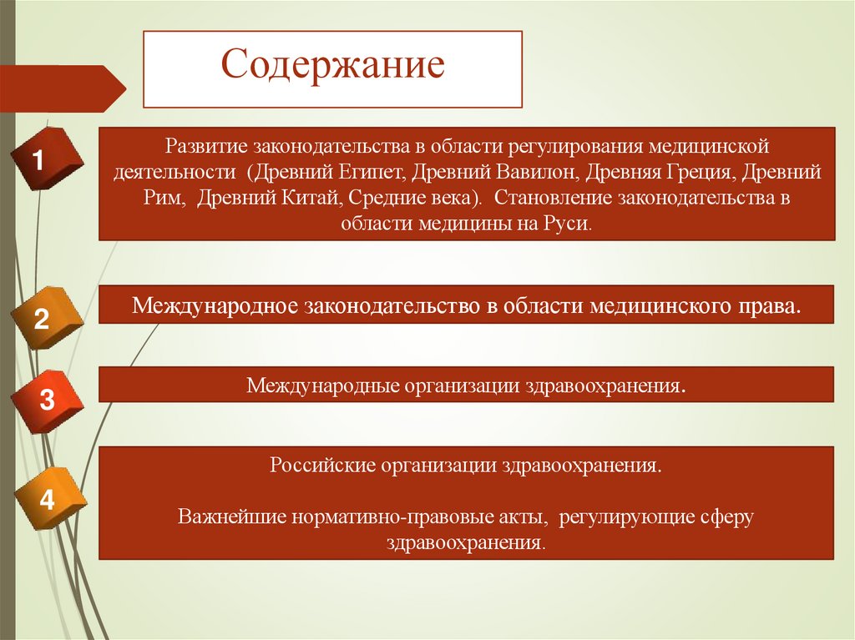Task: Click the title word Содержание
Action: [x=332, y=66]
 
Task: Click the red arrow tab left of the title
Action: [x=63, y=88]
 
